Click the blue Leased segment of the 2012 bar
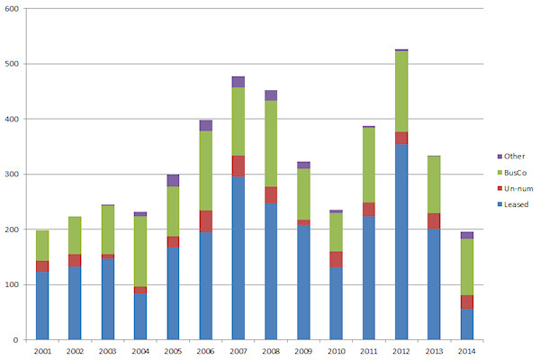click(400, 241)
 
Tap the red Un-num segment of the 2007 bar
click(238, 166)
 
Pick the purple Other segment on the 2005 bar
click(172, 180)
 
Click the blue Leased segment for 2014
click(465, 324)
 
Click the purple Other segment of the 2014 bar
click(465, 235)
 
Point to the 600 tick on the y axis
click(16, 9)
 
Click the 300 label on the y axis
click(16, 175)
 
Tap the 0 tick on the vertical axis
click(21, 340)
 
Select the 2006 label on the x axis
click(206, 350)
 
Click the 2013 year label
click(433, 350)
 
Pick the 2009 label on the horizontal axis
click(303, 350)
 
